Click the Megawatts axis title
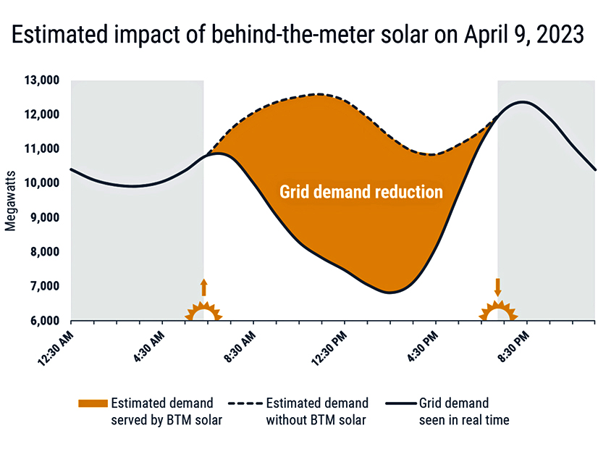[x=10, y=201]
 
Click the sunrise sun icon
[x=203, y=312]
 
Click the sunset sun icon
[x=497, y=311]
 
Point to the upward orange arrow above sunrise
[x=203, y=287]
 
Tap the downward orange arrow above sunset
[x=497, y=285]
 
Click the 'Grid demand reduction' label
[x=361, y=192]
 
